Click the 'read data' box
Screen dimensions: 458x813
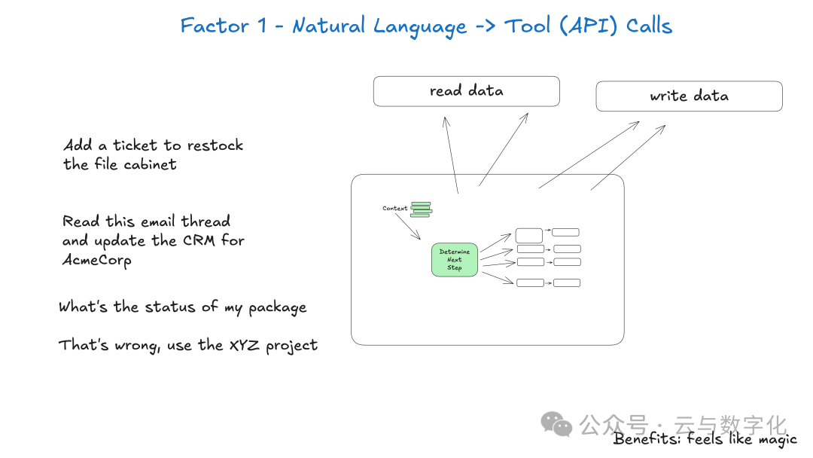point(466,91)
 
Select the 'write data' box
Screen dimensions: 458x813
point(689,96)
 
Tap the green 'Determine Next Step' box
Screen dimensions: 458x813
point(455,260)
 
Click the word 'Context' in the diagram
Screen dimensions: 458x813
point(394,209)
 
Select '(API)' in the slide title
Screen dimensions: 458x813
point(579,26)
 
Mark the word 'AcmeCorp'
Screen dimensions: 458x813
point(97,260)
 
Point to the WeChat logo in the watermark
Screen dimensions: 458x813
point(558,423)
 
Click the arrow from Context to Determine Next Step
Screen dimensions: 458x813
point(412,230)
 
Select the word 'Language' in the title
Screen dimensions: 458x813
point(420,27)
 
